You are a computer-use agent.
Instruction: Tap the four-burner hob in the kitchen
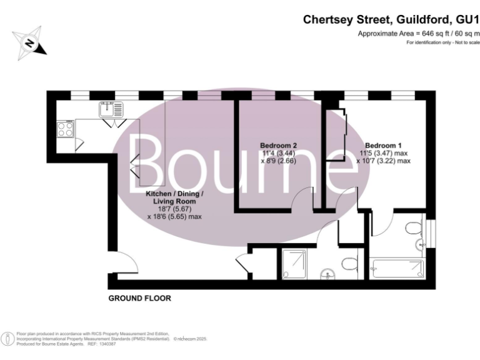pyautogui.click(x=66, y=129)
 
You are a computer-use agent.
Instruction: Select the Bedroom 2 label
pyautogui.click(x=277, y=146)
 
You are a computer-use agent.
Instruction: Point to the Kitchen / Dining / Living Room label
pyautogui.click(x=174, y=197)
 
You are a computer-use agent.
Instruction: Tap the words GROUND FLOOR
pyautogui.click(x=139, y=299)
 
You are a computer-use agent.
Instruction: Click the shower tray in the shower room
pyautogui.click(x=294, y=263)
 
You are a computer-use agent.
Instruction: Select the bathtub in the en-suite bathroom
pyautogui.click(x=396, y=269)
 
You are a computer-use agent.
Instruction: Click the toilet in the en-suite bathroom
pyautogui.click(x=414, y=228)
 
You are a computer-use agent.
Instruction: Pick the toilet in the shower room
pyautogui.click(x=349, y=262)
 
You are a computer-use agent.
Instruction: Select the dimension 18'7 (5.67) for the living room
pyautogui.click(x=174, y=209)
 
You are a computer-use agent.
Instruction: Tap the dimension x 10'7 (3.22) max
pyautogui.click(x=383, y=161)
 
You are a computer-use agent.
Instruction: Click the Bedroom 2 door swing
pyautogui.click(x=304, y=199)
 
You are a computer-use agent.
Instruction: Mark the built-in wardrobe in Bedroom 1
pyautogui.click(x=337, y=136)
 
